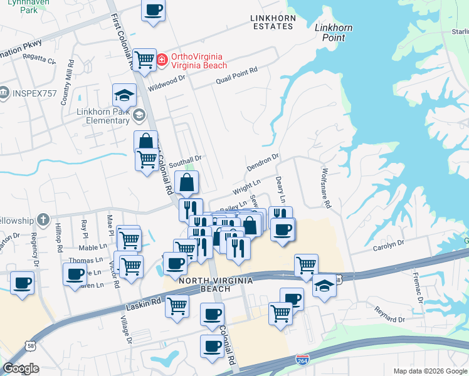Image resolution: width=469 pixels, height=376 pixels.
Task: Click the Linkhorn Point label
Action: [x=333, y=33]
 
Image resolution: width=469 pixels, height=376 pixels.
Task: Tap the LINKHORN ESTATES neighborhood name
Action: [x=273, y=23]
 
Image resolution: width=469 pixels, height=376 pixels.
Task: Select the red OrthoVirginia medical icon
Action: [x=162, y=60]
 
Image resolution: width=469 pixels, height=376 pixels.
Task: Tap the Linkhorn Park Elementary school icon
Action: [x=138, y=114]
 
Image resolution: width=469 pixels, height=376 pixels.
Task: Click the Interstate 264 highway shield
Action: [x=302, y=360]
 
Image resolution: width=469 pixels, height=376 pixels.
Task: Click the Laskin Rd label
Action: [x=144, y=301]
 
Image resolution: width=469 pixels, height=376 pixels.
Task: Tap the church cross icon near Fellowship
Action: [x=42, y=220]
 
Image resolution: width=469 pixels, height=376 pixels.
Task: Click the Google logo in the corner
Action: [x=21, y=368]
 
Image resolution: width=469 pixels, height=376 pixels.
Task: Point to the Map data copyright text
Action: [x=429, y=371]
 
